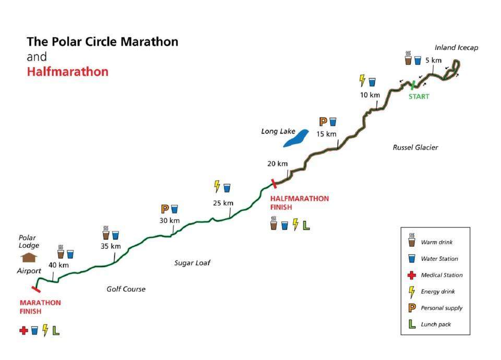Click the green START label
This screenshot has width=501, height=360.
tap(419, 97)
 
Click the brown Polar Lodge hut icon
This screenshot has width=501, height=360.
tap(30, 257)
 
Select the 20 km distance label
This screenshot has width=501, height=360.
tap(277, 163)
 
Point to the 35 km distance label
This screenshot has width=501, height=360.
tap(110, 246)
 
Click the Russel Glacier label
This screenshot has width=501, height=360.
tap(415, 148)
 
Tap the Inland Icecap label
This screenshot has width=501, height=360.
tap(456, 48)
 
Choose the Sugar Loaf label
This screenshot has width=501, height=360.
tap(192, 263)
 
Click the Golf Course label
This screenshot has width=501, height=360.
tap(126, 289)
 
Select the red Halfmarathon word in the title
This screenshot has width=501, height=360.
tap(68, 71)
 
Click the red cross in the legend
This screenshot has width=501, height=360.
tap(411, 275)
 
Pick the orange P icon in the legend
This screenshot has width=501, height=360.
tap(411, 308)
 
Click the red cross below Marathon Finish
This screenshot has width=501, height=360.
tap(23, 330)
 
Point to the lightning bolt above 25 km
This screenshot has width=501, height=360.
tap(217, 186)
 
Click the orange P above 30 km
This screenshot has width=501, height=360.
tap(164, 209)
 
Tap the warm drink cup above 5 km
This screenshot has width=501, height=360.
tap(408, 59)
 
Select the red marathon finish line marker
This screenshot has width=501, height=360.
tap(36, 288)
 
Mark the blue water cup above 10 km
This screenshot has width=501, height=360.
tap(372, 82)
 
